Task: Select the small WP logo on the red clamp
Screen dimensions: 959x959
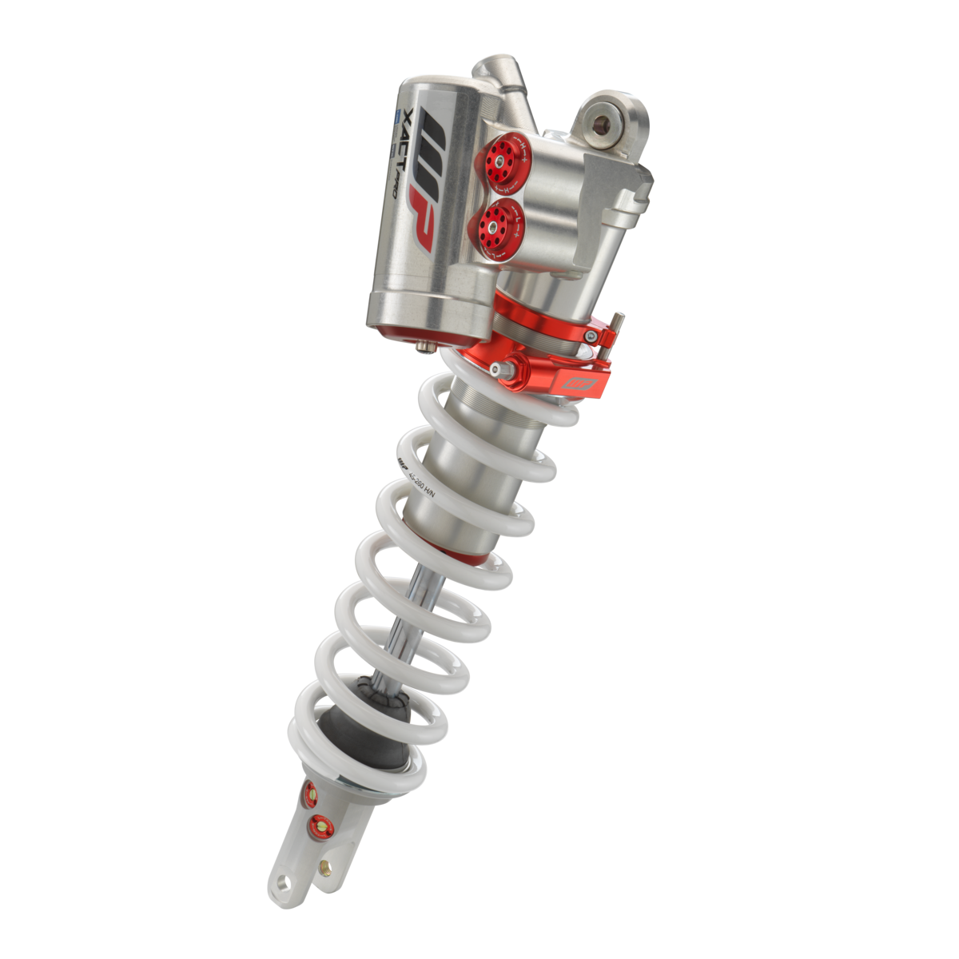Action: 580,384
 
